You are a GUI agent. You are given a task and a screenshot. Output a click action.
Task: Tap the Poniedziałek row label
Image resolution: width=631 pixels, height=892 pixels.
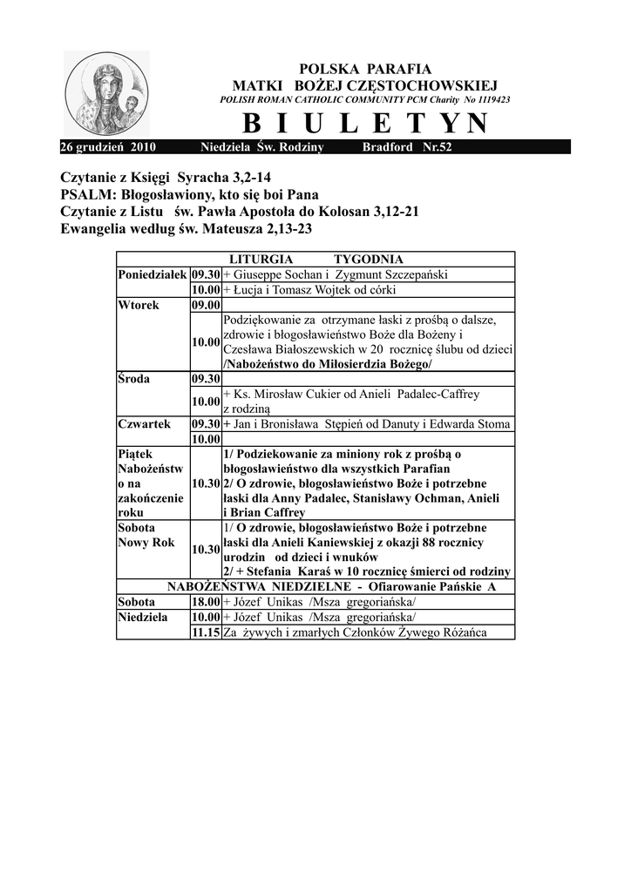(153, 274)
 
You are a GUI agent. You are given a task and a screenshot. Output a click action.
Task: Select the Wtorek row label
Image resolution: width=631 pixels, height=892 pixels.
(136, 306)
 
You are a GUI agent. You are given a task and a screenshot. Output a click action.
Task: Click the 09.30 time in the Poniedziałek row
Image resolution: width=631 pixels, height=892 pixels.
(206, 274)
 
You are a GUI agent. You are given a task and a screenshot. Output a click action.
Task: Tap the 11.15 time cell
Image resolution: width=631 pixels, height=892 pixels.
(206, 632)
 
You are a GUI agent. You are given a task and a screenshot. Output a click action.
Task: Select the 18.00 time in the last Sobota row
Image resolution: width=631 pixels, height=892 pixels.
(206, 601)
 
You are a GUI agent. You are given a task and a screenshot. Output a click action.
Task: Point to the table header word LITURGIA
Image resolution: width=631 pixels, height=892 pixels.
(260, 260)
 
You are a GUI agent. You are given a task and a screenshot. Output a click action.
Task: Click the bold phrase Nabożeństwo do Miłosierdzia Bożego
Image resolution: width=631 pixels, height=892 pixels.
(328, 363)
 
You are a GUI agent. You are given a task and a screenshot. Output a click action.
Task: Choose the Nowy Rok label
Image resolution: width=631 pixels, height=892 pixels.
(146, 543)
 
